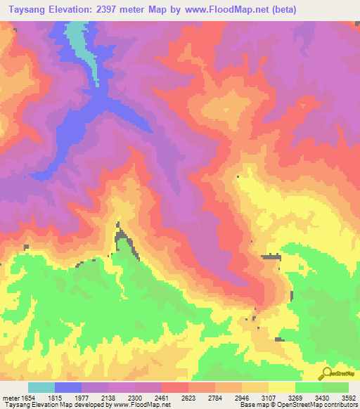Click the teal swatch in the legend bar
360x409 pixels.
(41, 387)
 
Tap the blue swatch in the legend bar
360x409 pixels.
(68, 387)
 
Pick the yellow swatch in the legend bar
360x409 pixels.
(282, 387)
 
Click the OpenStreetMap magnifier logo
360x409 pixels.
(326, 373)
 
